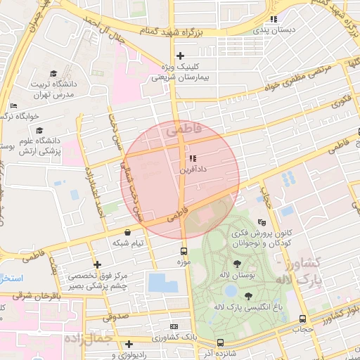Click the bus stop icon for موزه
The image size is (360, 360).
point(184,250)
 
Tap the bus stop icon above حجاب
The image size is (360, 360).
point(302,319)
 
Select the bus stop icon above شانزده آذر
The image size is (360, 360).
point(220,342)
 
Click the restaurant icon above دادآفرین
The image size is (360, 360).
point(192,159)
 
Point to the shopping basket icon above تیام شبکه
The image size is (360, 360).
point(127,232)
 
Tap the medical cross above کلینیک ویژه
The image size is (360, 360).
point(181,56)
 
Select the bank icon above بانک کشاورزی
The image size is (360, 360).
point(174,327)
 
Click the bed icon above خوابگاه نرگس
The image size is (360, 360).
point(13,106)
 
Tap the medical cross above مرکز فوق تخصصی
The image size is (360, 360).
point(97,264)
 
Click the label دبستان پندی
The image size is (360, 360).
point(285,31)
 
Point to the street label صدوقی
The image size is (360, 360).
point(117,316)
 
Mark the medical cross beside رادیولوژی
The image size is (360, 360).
point(129,345)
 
